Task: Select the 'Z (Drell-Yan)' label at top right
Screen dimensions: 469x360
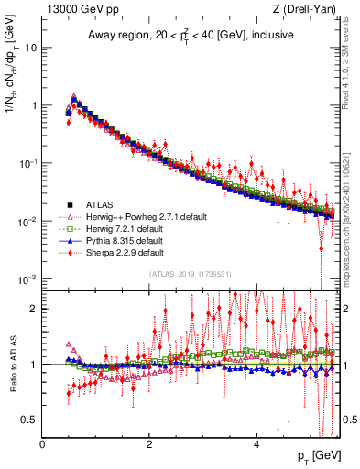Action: [307, 10]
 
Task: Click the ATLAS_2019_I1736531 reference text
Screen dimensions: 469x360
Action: [189, 274]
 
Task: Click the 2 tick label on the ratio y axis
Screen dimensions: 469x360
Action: [35, 309]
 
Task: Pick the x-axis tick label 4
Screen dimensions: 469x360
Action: [256, 445]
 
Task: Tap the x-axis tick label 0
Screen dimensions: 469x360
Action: [43, 445]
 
